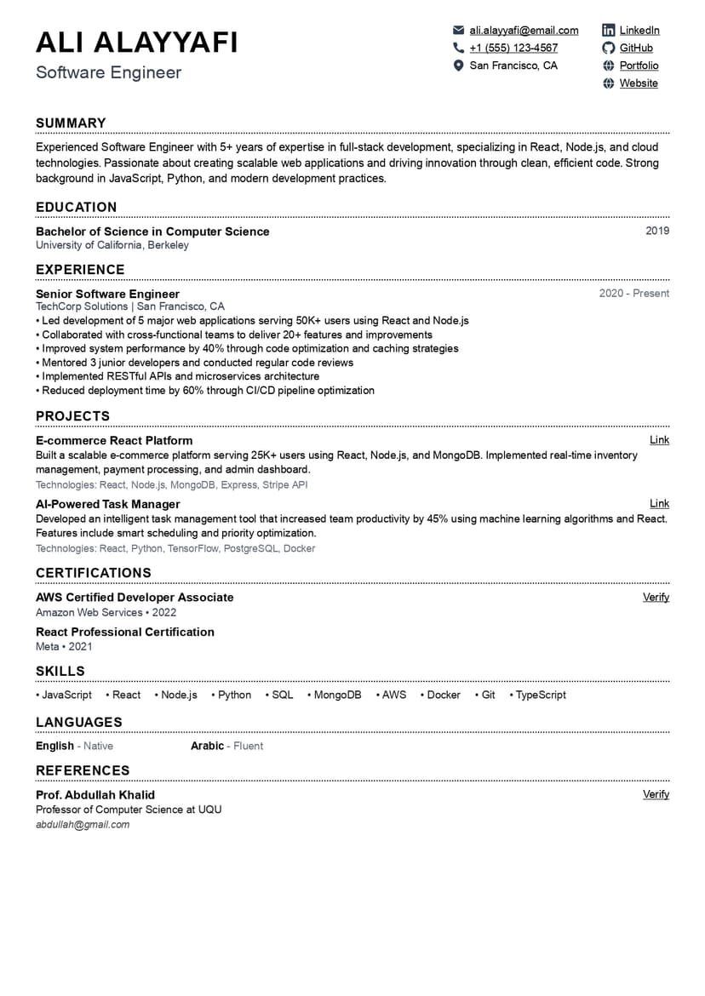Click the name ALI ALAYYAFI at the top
pos(137,43)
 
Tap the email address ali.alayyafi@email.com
pos(524,31)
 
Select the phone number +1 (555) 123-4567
pos(513,48)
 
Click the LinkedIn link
pos(639,31)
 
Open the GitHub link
pos(636,48)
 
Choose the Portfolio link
pos(639,66)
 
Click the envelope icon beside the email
pos(459,31)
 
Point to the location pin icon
pos(459,66)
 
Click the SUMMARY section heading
pos(71,123)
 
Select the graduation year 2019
pos(657,231)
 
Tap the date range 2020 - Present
pos(634,294)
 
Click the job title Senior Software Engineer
pos(107,295)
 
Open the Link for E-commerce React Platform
pos(659,440)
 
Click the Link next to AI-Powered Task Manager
pos(659,504)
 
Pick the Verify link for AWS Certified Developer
pos(656,598)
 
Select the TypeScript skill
pos(541,695)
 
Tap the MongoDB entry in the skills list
pos(337,695)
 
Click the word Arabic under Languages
pos(207,747)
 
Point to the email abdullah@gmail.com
pos(83,825)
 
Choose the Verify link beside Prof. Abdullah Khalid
pos(656,794)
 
